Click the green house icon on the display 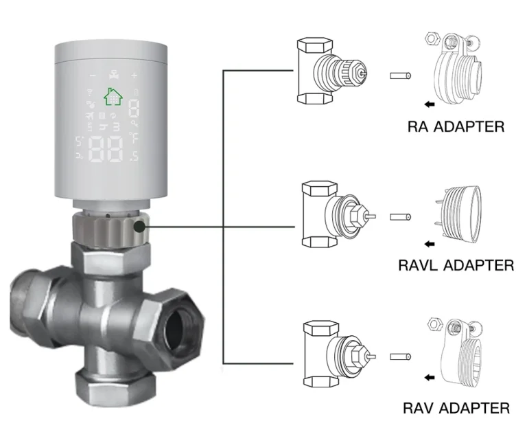click(x=113, y=97)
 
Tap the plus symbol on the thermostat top click(x=134, y=76)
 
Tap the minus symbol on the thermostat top click(x=93, y=76)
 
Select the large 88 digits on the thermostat click(x=106, y=149)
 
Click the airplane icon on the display click(x=89, y=116)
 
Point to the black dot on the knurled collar click(x=139, y=227)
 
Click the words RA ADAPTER click(x=456, y=127)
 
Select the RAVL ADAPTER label click(x=456, y=265)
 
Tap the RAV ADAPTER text click(x=456, y=408)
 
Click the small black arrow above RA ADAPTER click(x=430, y=104)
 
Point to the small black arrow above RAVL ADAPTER click(x=430, y=244)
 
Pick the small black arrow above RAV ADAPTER click(x=430, y=378)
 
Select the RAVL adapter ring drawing click(x=460, y=214)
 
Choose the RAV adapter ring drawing click(x=461, y=353)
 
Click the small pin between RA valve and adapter click(x=400, y=76)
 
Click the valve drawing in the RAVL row click(x=338, y=214)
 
